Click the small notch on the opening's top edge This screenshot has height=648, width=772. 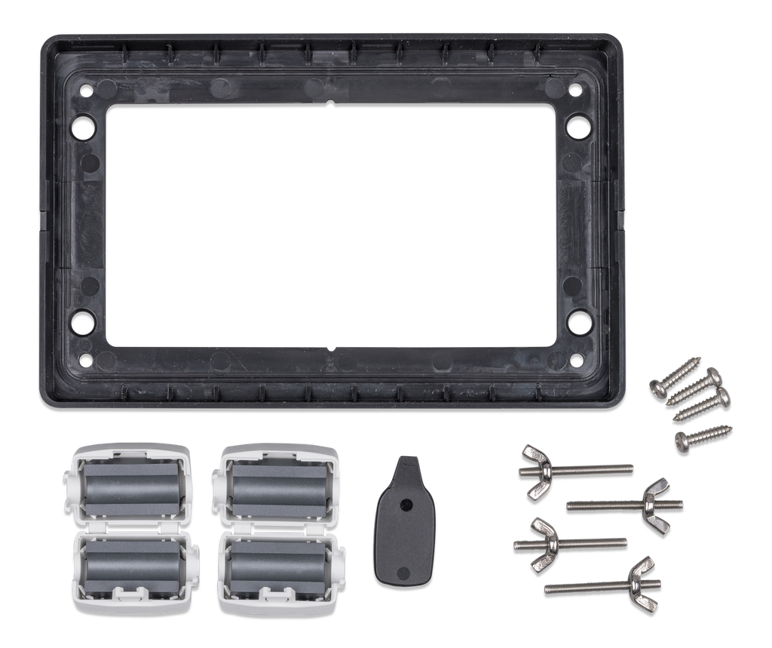332,101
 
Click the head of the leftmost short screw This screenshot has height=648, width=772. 655,386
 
